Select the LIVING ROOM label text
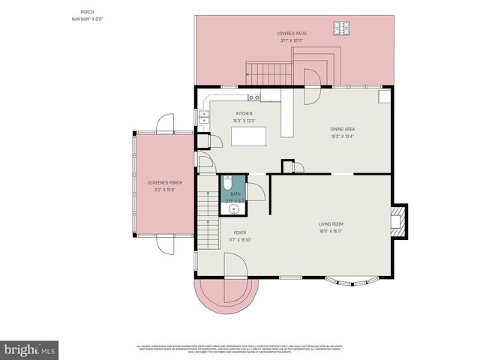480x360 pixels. point(331,223)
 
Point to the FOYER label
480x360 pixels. point(239,232)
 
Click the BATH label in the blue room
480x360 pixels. point(235,194)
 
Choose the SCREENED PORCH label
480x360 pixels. point(165,182)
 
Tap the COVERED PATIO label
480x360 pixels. point(291,34)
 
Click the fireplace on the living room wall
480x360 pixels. point(400,221)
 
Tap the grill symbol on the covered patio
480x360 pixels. point(344,28)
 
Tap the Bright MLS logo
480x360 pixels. point(29,349)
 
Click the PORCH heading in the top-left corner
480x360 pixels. point(88,12)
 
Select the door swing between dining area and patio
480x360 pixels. point(311,78)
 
